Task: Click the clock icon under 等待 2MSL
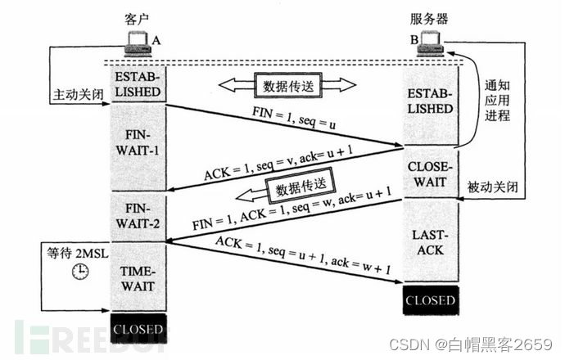[80, 271]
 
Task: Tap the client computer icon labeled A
[138, 44]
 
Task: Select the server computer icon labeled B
[430, 44]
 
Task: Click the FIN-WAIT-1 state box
[138, 147]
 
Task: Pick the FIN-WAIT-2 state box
[138, 217]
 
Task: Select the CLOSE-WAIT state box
[430, 173]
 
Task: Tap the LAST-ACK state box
[430, 241]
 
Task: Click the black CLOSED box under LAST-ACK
[431, 300]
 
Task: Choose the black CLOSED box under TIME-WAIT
[138, 329]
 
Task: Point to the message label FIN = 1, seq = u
[294, 118]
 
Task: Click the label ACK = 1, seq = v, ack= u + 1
[278, 163]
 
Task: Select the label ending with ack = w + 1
[303, 255]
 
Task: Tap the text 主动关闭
[78, 95]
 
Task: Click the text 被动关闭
[493, 187]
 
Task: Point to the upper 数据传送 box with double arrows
[287, 86]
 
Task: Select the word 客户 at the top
[137, 19]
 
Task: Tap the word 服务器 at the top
[429, 19]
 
